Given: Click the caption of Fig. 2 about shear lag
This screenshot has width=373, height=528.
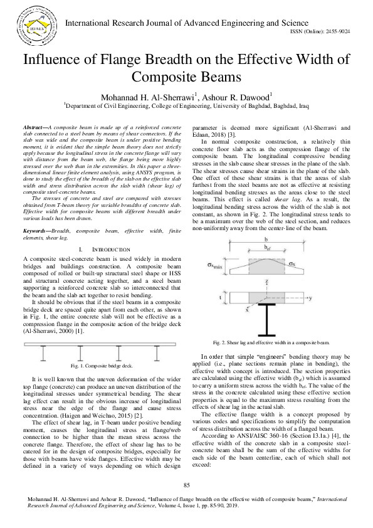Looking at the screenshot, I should point(271,343).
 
